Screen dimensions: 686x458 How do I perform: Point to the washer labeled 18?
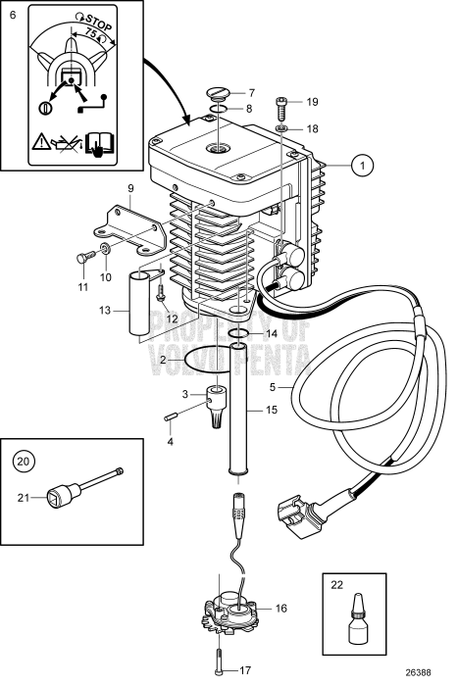click(281, 127)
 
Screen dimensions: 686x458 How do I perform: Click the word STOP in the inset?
click(95, 21)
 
